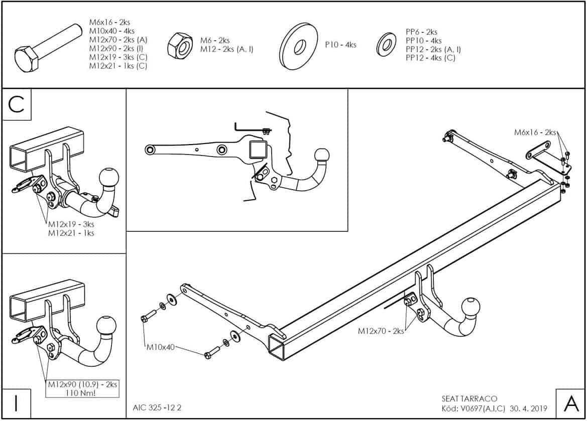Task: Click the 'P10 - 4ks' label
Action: coord(340,45)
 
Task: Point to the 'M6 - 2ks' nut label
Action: coord(215,40)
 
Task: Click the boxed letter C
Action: coord(17,105)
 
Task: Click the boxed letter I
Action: coord(17,403)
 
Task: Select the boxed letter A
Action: coord(570,403)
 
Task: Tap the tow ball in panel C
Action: coord(108,178)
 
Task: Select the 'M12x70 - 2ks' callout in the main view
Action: coord(381,331)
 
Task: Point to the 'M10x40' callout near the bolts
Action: coord(161,347)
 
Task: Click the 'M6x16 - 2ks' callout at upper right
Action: coord(535,132)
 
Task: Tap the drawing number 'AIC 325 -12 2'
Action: coord(157,407)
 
